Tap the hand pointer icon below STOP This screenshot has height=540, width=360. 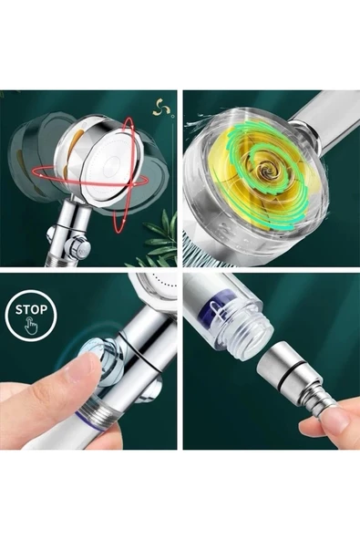[32, 326]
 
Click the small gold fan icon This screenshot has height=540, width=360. [162, 107]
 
